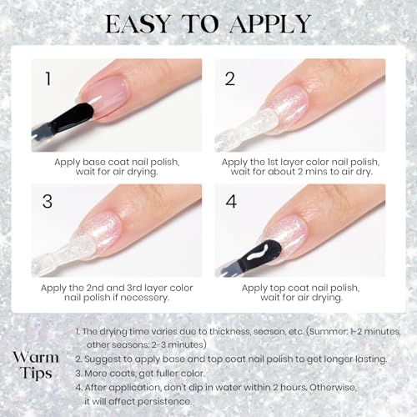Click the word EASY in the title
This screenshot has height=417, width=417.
click(x=138, y=24)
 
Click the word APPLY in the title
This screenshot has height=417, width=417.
click(x=270, y=24)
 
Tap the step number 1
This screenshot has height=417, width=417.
click(x=48, y=78)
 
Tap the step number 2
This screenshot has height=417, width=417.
click(x=230, y=78)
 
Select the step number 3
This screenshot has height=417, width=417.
click(x=48, y=201)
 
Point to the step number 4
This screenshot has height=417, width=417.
click(x=231, y=201)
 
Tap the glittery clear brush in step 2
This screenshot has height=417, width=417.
click(x=248, y=128)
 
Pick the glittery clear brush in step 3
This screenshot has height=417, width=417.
click(x=61, y=253)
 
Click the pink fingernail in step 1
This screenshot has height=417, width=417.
click(x=106, y=94)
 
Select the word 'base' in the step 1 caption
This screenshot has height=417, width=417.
click(x=94, y=162)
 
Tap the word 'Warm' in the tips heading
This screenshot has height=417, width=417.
click(x=36, y=358)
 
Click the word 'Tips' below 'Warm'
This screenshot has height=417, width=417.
click(x=36, y=374)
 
